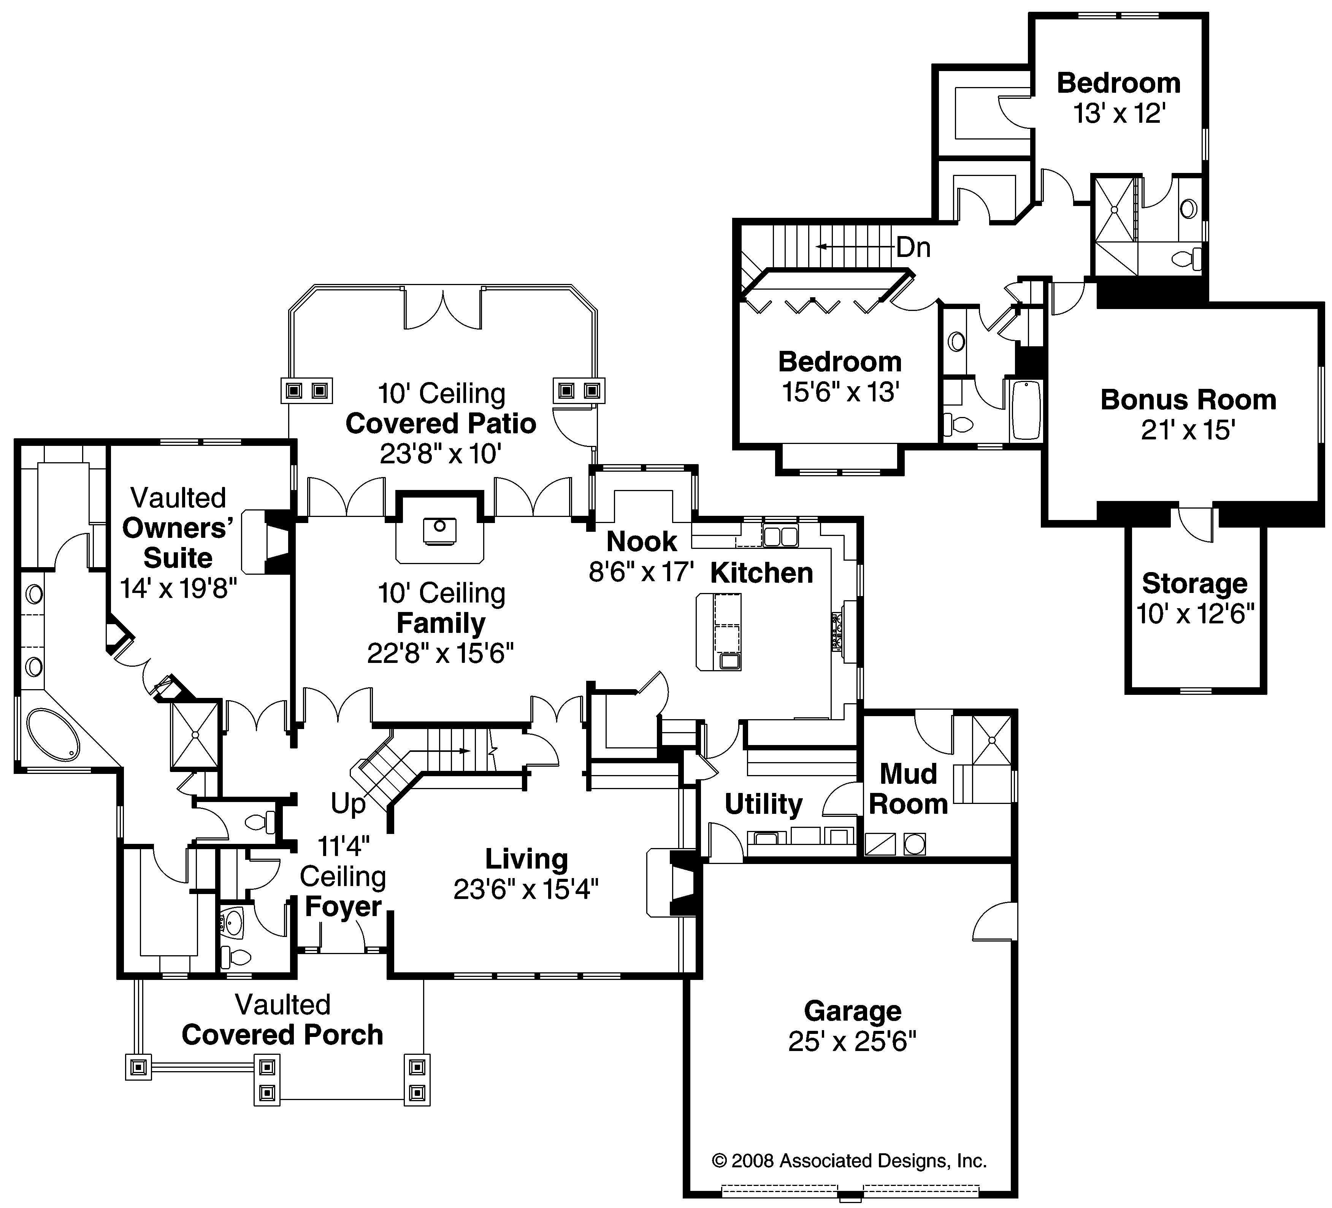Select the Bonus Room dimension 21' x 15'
pos(1187,430)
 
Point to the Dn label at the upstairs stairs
pos(913,248)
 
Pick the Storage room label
pos(1194,583)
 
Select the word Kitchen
pos(761,573)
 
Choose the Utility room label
pos(763,804)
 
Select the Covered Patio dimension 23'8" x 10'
pos(440,454)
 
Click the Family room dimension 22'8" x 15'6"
pos(440,653)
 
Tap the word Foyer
pos(343,907)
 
